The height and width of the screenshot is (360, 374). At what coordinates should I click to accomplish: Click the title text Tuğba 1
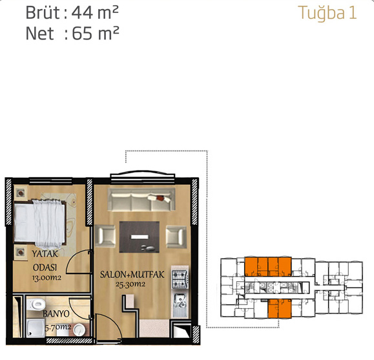tap(327, 13)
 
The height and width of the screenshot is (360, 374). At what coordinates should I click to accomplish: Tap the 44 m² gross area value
tap(95, 13)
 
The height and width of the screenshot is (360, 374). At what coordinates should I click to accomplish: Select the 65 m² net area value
tap(96, 34)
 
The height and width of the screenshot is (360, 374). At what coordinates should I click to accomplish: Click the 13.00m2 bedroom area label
tap(47, 278)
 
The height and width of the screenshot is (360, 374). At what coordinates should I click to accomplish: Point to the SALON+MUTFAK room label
tap(132, 275)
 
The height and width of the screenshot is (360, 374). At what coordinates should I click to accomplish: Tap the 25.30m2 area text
tap(130, 284)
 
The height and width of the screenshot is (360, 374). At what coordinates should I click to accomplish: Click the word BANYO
tap(56, 313)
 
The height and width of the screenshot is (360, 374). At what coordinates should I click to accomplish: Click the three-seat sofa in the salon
tap(141, 200)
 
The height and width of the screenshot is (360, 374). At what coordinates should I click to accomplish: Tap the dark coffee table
tap(140, 237)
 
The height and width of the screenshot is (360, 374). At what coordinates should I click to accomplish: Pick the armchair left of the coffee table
tap(105, 237)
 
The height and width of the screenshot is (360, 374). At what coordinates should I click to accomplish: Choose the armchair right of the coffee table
tap(176, 237)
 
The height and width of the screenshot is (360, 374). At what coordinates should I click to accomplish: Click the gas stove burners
tap(180, 279)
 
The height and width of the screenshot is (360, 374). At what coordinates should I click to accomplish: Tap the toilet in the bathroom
tap(36, 304)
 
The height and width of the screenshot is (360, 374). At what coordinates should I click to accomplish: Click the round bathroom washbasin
tap(79, 330)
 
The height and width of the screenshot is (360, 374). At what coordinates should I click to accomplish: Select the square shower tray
tap(36, 328)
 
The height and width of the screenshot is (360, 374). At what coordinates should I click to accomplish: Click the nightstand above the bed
tap(21, 193)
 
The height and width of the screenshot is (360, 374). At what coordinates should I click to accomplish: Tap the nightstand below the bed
tap(20, 252)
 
